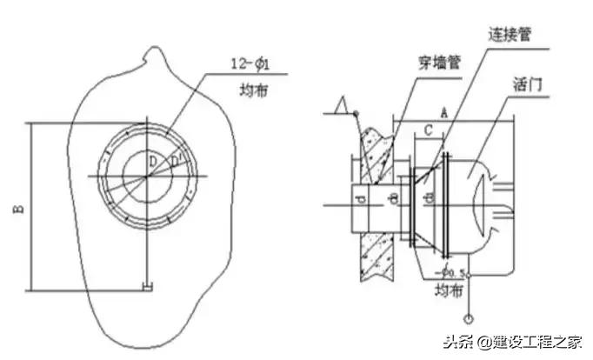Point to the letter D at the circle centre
(x=151, y=161)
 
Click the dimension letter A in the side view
(x=444, y=111)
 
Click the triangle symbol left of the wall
(x=344, y=108)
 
